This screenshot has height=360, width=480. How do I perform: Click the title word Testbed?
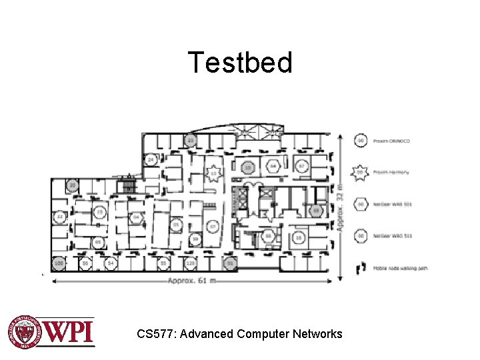pyautogui.click(x=240, y=63)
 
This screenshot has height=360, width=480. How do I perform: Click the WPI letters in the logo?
pyautogui.click(x=69, y=331)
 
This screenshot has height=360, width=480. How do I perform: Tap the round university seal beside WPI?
pyautogui.click(x=25, y=331)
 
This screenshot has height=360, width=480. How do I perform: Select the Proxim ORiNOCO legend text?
pyautogui.click(x=393, y=141)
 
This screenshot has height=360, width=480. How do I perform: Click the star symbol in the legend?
pyautogui.click(x=361, y=172)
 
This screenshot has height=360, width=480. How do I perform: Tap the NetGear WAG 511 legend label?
pyautogui.click(x=393, y=236)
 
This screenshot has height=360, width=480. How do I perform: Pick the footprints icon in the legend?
pyautogui.click(x=361, y=268)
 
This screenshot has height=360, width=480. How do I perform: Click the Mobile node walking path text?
pyautogui.click(x=400, y=268)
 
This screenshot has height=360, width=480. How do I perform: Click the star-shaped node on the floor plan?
pyautogui.click(x=213, y=173)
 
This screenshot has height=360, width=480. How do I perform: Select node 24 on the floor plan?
pyautogui.click(x=151, y=160)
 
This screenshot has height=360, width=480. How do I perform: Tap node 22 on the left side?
pyautogui.click(x=60, y=217)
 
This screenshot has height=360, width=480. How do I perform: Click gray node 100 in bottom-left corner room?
pyautogui.click(x=59, y=264)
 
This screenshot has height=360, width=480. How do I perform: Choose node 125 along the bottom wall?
pyautogui.click(x=190, y=264)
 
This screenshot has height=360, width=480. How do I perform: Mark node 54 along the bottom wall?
pyautogui.click(x=111, y=264)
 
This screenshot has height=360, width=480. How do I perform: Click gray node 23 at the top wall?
pyautogui.click(x=191, y=141)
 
